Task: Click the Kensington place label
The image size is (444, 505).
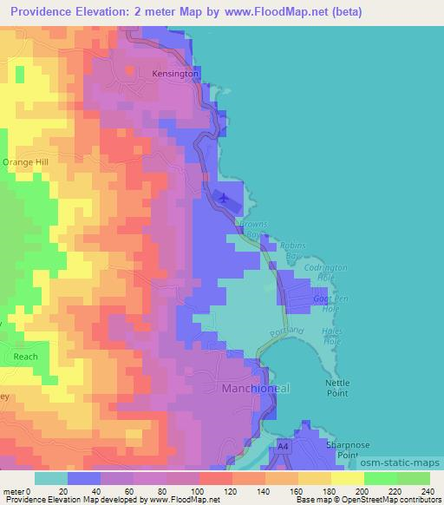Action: point(176,75)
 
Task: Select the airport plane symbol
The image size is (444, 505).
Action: point(225,198)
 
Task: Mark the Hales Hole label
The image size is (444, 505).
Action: point(331,335)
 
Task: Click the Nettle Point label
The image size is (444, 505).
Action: point(335,387)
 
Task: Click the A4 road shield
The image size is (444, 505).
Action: point(283,446)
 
